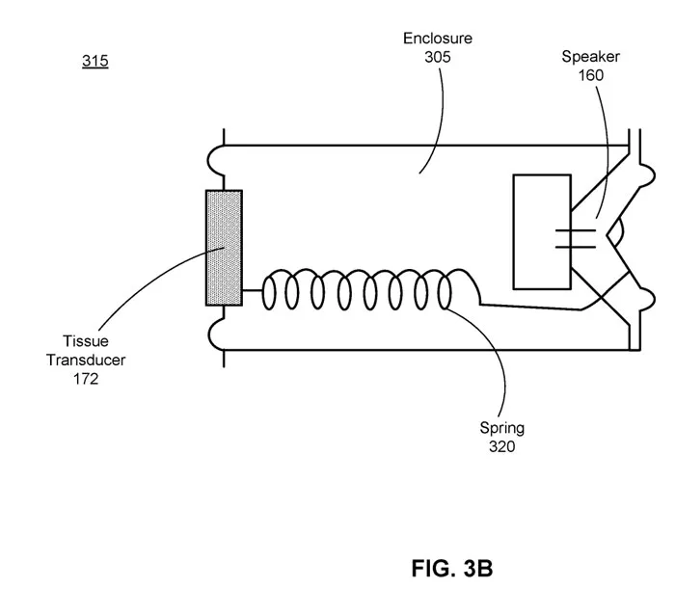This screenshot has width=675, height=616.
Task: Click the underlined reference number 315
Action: click(x=95, y=61)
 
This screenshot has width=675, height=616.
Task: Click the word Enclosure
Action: click(x=438, y=39)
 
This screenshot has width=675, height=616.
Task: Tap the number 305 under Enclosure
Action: click(x=438, y=57)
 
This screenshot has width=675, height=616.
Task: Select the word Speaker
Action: click(x=590, y=57)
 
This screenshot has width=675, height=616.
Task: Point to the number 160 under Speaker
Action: click(x=590, y=75)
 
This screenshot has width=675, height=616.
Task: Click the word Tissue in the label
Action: click(x=86, y=341)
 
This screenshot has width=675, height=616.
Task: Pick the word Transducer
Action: click(x=86, y=360)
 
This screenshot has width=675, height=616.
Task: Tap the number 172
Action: click(x=86, y=379)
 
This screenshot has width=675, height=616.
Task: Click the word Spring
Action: click(x=502, y=428)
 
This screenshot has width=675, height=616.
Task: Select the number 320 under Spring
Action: click(x=502, y=446)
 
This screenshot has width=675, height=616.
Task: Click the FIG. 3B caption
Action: click(x=452, y=568)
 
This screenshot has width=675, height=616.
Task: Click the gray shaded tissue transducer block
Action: click(x=224, y=248)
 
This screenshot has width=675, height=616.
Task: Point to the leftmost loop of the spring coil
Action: click(x=263, y=293)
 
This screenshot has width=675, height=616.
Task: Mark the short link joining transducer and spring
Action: click(x=253, y=290)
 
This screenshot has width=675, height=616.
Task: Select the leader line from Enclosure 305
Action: click(x=438, y=121)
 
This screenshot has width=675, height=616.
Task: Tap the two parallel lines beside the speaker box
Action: click(x=576, y=239)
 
